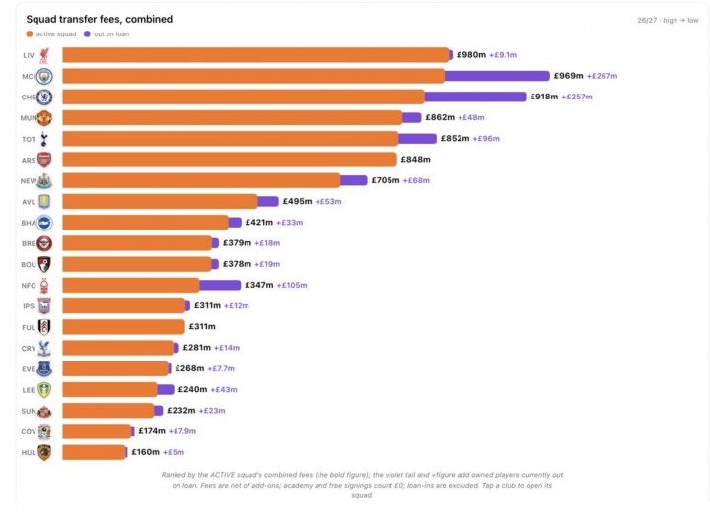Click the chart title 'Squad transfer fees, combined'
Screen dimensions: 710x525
point(100,19)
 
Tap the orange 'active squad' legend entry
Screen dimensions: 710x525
point(51,33)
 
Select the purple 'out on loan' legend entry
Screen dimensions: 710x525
point(106,33)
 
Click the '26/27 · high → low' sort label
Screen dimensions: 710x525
point(668,20)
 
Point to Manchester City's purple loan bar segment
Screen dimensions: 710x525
point(497,76)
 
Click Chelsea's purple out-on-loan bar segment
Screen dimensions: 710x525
point(475,97)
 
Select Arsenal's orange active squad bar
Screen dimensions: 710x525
point(230,160)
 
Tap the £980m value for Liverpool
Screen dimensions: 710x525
point(471,55)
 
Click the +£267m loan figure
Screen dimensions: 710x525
point(602,76)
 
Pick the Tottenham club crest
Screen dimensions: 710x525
point(44,139)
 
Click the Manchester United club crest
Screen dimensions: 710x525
point(44,118)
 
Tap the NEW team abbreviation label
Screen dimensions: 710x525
point(28,181)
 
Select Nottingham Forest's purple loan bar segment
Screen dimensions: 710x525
point(220,285)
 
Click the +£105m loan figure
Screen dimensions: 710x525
point(292,285)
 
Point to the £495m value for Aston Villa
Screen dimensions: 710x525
point(297,201)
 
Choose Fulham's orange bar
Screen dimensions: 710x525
point(123,326)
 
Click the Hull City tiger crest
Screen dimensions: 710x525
point(44,452)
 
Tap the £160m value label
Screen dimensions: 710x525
point(145,452)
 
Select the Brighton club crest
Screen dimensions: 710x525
point(44,223)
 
